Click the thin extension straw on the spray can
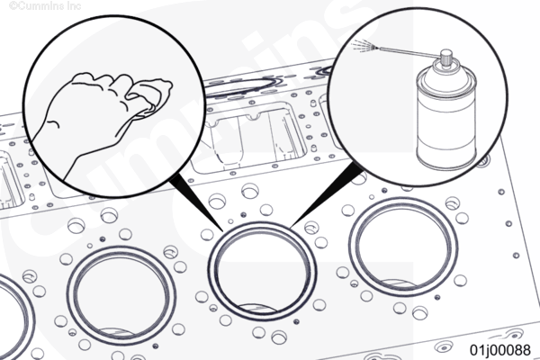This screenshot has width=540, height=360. point(409,51)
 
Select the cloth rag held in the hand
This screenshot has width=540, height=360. point(151,96)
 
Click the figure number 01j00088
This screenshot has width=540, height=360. point(500,350)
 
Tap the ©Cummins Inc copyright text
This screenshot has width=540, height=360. point(45,6)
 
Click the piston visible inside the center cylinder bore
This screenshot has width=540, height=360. point(257,308)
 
